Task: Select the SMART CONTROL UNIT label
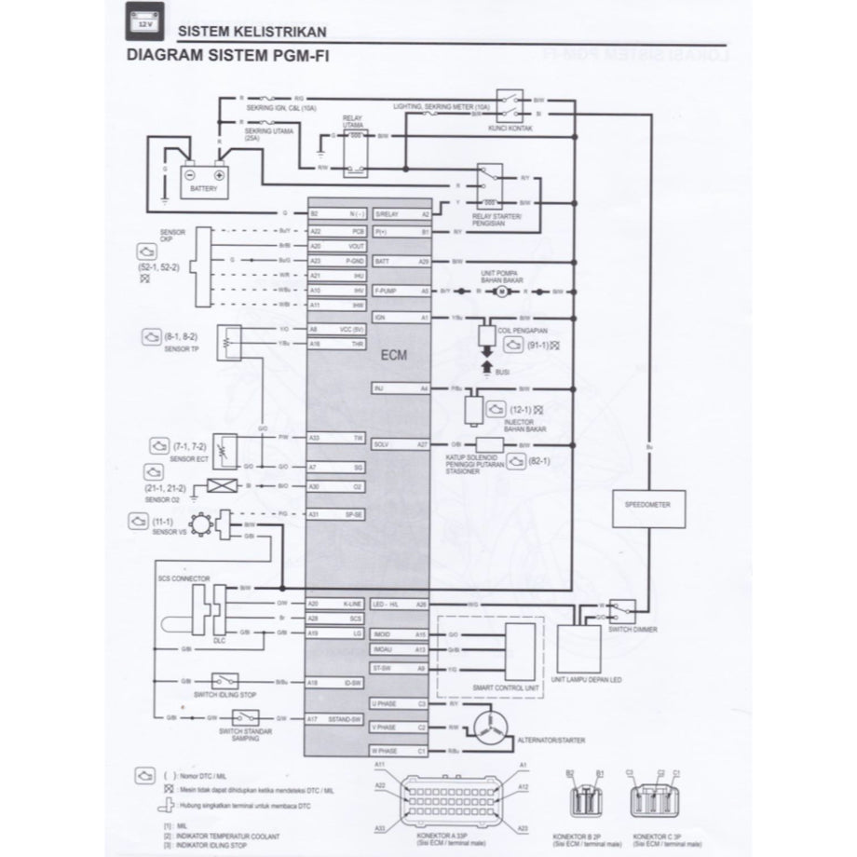point(508,687)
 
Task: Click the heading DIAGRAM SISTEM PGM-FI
point(226,55)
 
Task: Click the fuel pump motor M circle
point(497,291)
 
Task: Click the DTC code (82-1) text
point(539,459)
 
